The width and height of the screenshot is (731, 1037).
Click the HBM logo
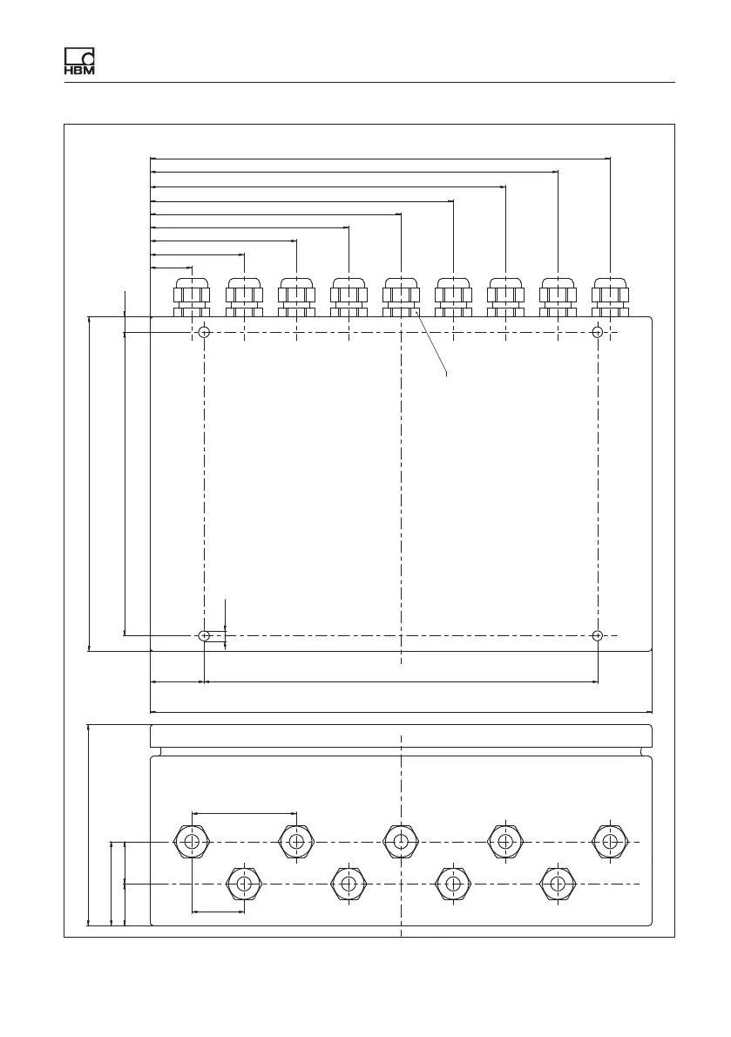coord(79,60)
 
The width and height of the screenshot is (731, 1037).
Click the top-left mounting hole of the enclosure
coord(204,332)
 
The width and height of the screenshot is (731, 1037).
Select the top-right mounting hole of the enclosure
coord(597,332)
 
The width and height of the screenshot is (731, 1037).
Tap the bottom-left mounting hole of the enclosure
coord(204,635)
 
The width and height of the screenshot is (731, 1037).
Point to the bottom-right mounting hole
coord(597,635)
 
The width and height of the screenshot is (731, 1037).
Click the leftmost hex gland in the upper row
coord(192,842)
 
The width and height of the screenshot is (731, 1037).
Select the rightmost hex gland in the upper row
coord(610,842)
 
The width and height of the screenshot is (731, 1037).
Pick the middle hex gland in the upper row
coord(401,842)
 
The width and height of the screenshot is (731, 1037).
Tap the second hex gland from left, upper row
coord(296,842)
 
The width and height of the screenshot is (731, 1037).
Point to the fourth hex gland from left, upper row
coord(505,842)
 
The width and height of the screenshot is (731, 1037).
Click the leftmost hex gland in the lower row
coord(244,883)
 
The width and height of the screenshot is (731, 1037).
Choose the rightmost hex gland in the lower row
coord(558,883)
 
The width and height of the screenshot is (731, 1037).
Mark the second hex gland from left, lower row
coord(349,883)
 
